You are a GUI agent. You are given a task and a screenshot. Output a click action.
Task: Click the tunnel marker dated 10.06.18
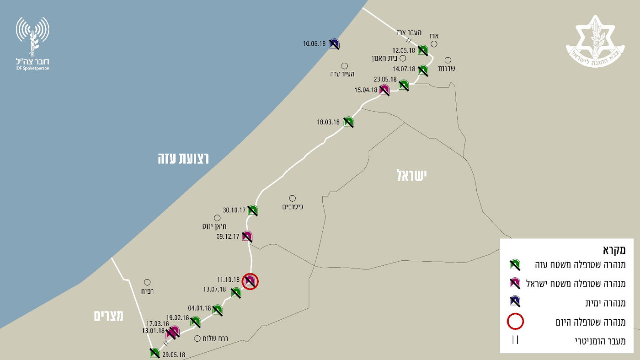click(x=334, y=44)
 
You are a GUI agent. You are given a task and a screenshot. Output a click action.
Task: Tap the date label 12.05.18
click(x=404, y=51)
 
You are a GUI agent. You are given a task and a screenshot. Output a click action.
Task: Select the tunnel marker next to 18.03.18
click(x=349, y=122)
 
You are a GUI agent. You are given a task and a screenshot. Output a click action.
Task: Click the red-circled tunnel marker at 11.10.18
click(x=250, y=281)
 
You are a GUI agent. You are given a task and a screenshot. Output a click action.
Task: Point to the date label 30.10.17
click(x=235, y=210)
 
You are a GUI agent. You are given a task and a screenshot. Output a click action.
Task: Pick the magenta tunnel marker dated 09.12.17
click(x=247, y=236)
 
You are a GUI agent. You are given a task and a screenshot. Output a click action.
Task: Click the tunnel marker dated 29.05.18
click(x=155, y=353)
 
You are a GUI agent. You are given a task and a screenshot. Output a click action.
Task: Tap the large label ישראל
click(x=411, y=175)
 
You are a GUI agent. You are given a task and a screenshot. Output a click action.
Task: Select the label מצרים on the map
click(x=109, y=316)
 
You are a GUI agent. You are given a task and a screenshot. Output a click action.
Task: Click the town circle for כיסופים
click(x=292, y=199)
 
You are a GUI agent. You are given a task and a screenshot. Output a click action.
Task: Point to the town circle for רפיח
click(x=147, y=282)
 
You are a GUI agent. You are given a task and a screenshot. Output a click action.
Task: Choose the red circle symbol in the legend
click(x=515, y=322)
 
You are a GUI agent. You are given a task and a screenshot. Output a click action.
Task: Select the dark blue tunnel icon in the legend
click(x=515, y=301)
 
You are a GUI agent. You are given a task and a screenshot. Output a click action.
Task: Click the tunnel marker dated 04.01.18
click(x=217, y=310)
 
